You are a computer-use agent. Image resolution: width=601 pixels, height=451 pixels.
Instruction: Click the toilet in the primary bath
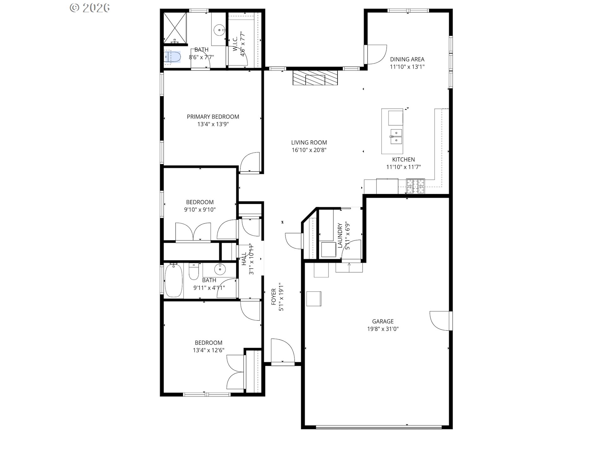[x=172, y=57]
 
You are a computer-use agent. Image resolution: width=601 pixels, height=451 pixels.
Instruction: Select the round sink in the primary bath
[x=219, y=30]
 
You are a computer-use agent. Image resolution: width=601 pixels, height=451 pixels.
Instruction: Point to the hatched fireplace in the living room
[x=315, y=77]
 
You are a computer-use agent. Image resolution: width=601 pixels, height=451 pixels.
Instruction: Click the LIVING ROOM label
[x=309, y=143]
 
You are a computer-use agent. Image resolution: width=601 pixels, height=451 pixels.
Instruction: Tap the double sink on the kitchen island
[x=396, y=137]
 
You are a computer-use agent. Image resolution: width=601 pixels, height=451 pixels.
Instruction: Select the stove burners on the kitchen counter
[x=415, y=186]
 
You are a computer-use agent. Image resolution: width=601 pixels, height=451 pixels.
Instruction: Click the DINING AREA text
[x=407, y=59]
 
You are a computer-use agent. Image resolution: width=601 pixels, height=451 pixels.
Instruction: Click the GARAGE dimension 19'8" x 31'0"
[x=383, y=329]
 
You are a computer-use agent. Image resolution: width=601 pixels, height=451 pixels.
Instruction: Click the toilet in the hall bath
[x=193, y=272]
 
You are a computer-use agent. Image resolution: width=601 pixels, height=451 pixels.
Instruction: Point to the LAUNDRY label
[x=340, y=235]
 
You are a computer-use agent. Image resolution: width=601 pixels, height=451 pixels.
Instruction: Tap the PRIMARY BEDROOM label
[x=213, y=117]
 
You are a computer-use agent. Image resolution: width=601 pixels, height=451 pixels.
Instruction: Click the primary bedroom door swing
[x=250, y=162]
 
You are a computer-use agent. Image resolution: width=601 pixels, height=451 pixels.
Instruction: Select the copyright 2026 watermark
[x=90, y=8]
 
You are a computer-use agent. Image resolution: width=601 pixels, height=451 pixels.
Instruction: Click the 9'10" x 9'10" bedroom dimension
[x=200, y=210]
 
